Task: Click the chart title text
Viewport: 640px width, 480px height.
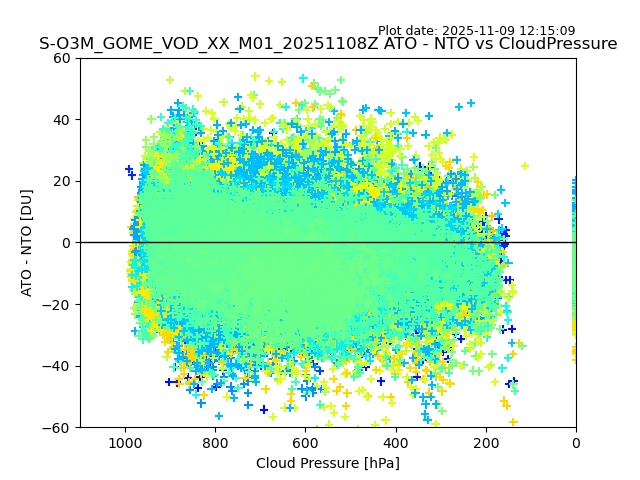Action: tap(328, 44)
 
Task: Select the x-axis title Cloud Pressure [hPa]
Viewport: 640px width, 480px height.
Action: tap(328, 463)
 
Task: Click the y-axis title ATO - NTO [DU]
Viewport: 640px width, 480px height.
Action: tap(27, 242)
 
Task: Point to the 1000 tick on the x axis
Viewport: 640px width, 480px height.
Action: tap(125, 441)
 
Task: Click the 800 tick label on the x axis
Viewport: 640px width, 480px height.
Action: tap(215, 441)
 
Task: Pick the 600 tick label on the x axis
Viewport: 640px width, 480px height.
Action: tap(305, 441)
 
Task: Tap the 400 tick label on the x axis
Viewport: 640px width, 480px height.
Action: tap(396, 441)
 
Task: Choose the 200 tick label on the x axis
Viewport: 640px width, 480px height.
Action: tap(486, 441)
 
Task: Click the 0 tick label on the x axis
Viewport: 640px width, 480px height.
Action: tap(576, 441)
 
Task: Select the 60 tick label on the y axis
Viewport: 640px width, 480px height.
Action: tap(62, 58)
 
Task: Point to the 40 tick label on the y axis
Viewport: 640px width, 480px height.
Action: tap(62, 119)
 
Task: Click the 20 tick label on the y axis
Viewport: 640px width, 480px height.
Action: tap(62, 181)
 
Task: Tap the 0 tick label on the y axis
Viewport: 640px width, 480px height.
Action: tap(66, 242)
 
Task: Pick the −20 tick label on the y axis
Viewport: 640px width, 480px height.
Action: tap(58, 304)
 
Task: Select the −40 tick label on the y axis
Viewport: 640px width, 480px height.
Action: tap(58, 366)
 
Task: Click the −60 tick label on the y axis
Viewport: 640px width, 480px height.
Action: tap(58, 427)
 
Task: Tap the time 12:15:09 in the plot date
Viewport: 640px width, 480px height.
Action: tap(547, 31)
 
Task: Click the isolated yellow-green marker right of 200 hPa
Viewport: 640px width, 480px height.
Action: tap(524, 166)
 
